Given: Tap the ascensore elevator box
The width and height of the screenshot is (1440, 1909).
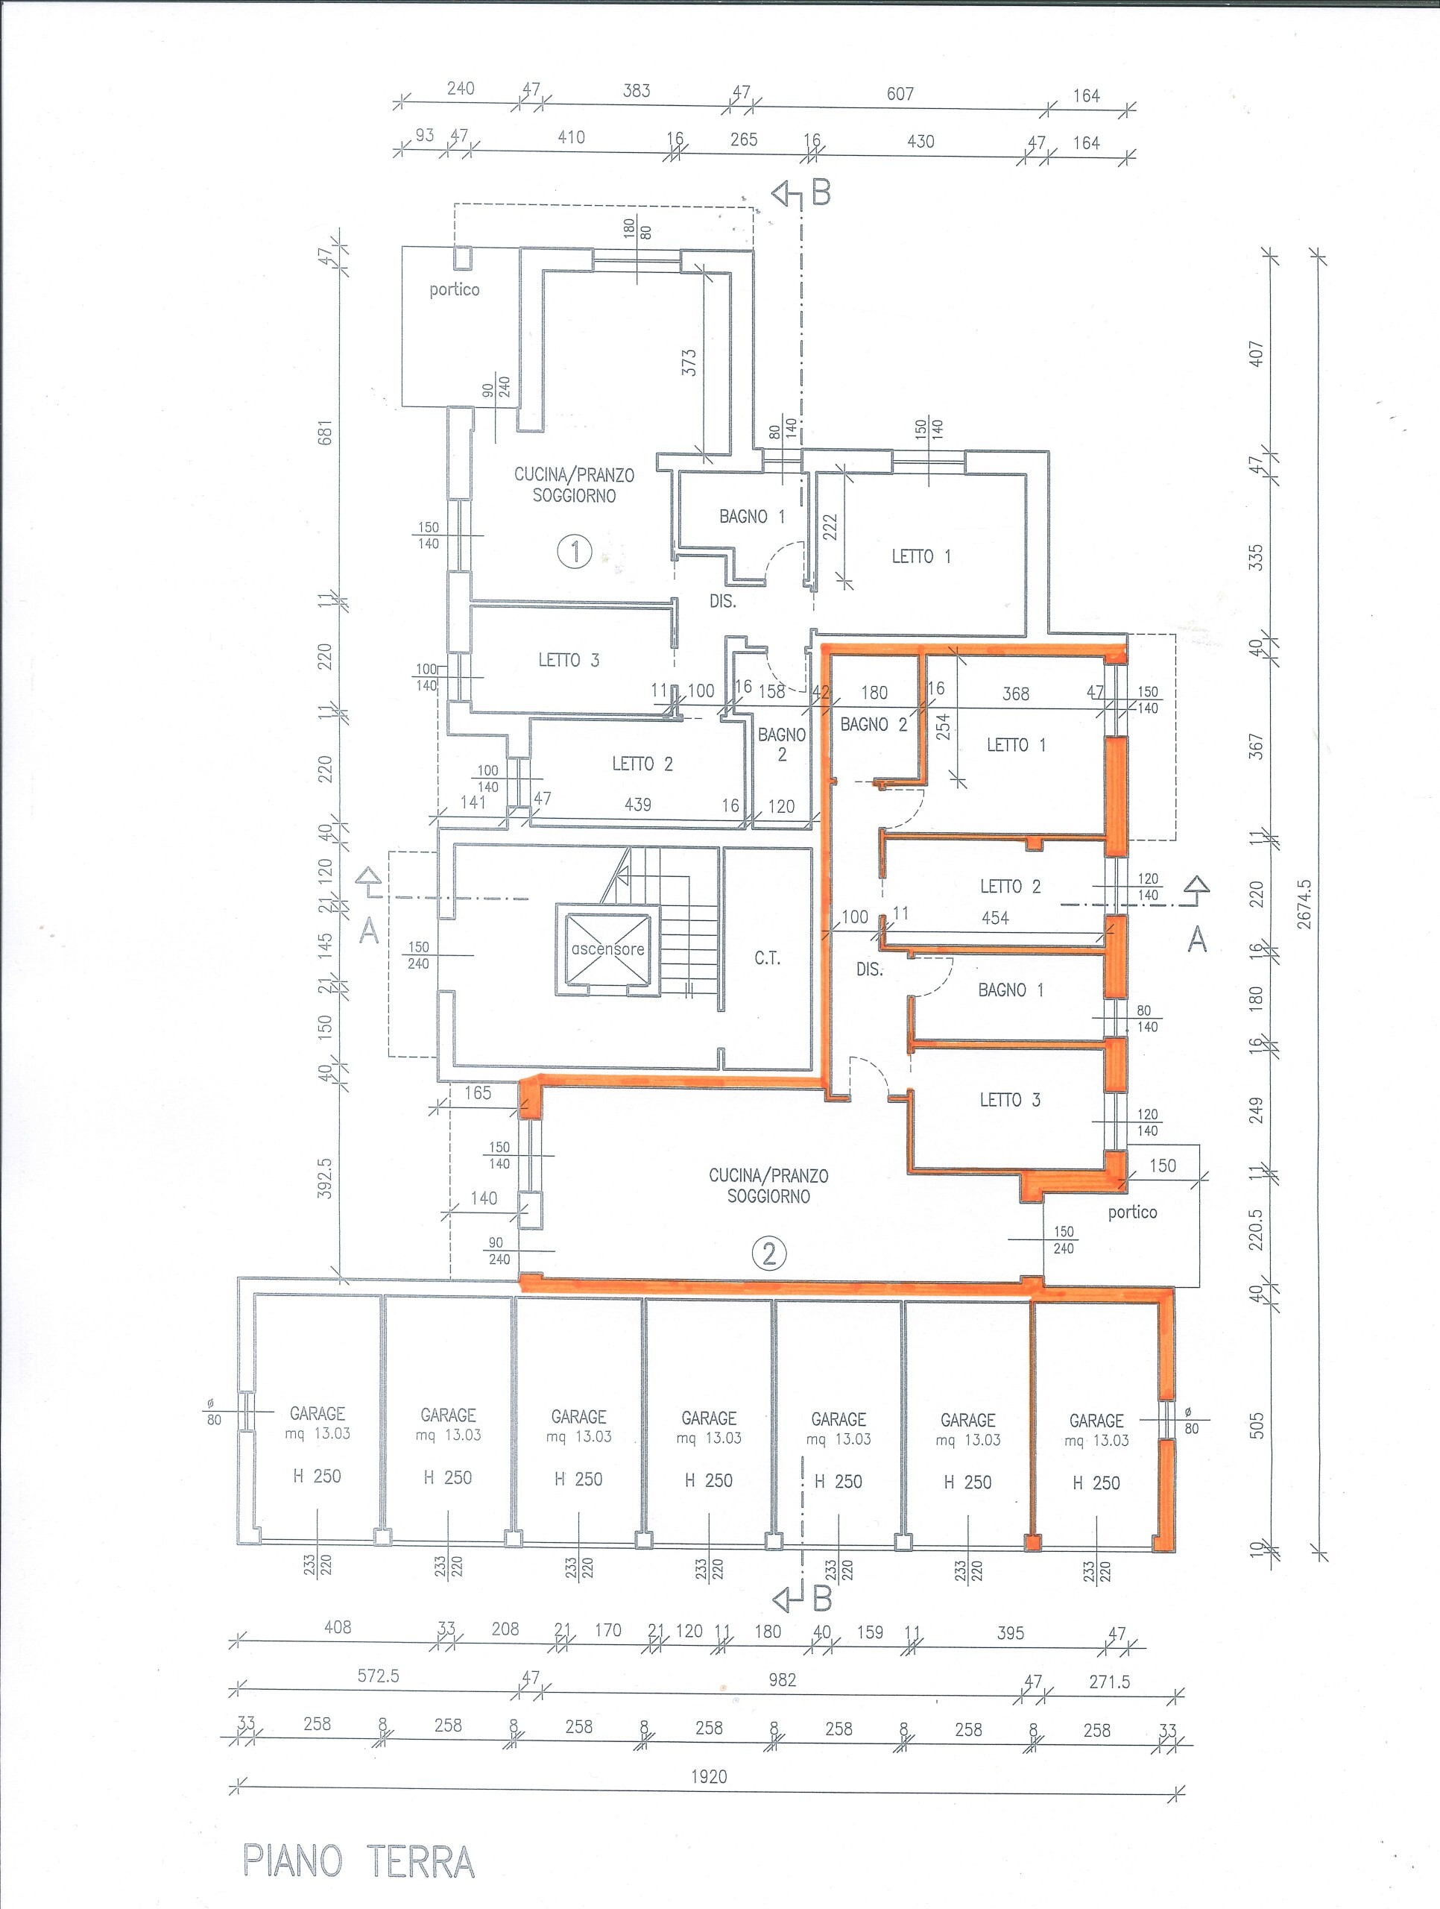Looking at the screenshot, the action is click(x=607, y=949).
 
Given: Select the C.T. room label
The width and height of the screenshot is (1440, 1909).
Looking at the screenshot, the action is click(x=767, y=958).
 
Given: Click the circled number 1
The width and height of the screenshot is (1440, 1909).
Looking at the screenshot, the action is click(x=575, y=550).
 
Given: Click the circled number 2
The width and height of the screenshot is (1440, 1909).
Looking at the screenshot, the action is click(x=768, y=1252).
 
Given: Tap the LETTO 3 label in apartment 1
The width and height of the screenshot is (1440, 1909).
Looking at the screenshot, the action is click(x=569, y=660).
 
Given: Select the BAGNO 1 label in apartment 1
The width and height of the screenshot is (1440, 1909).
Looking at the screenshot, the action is click(x=752, y=517).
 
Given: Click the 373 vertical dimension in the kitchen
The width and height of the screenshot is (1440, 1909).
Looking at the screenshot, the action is click(x=689, y=362).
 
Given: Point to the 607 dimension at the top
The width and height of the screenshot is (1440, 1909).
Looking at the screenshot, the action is click(x=900, y=94).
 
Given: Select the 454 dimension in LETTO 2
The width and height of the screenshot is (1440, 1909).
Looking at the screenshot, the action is click(x=995, y=918).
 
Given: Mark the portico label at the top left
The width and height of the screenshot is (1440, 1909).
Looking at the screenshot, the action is click(x=454, y=290).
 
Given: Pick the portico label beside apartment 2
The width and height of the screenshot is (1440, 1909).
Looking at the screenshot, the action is click(x=1132, y=1213).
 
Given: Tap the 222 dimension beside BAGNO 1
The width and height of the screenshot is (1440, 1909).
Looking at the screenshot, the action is click(x=830, y=526).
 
